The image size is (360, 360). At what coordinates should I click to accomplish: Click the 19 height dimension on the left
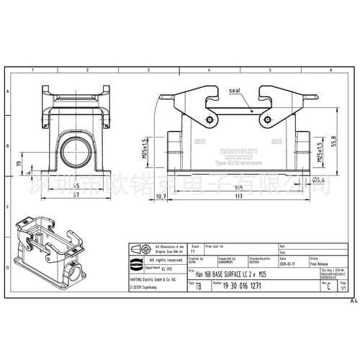[x=19, y=163]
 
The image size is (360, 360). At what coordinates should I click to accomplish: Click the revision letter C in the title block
[x=329, y=287]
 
